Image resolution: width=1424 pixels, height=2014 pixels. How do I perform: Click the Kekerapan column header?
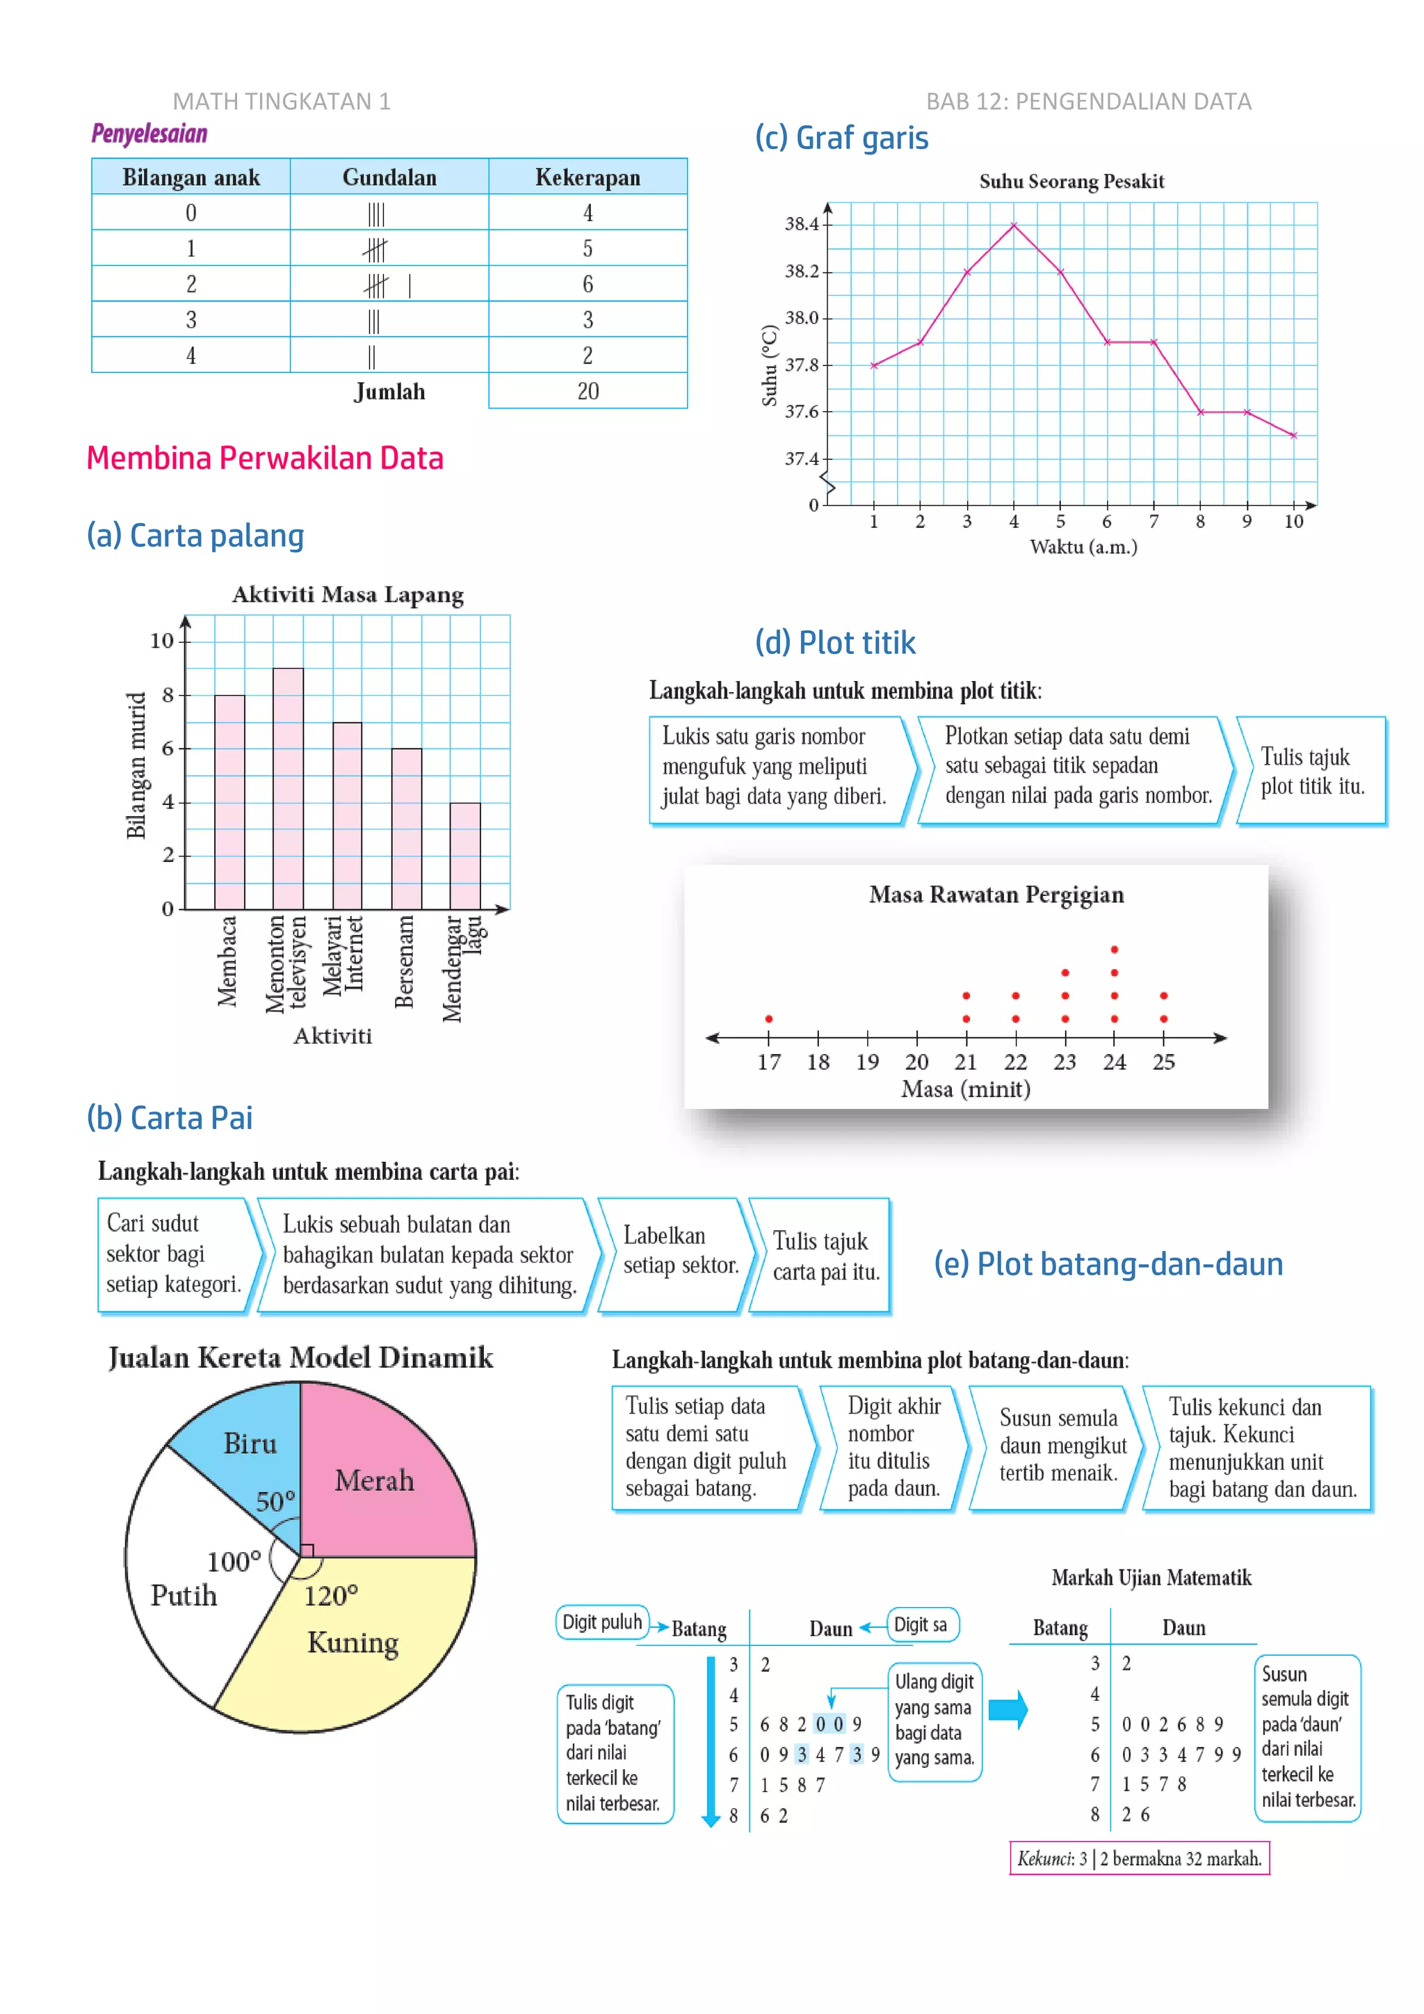click(x=588, y=177)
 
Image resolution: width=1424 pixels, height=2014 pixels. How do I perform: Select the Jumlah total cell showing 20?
click(x=588, y=391)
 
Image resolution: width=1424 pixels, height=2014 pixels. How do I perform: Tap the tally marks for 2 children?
click(x=387, y=285)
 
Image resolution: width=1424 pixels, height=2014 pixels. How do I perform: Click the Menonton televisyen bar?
click(x=289, y=790)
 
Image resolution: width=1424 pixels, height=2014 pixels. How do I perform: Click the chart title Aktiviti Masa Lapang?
click(x=347, y=595)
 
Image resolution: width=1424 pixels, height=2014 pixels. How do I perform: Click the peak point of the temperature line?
click(x=1014, y=226)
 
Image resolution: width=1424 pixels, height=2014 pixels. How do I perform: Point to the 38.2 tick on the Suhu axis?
click(x=802, y=271)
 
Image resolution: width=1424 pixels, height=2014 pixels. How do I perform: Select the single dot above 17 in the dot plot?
click(x=769, y=1018)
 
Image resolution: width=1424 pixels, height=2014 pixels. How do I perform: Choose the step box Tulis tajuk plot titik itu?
click(x=1310, y=771)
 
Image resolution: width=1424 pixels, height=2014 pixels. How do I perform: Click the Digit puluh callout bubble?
click(x=602, y=1622)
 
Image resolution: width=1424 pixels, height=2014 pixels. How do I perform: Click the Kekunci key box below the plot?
click(x=1139, y=1858)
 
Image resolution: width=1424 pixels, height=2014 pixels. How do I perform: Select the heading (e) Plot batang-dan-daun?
click(x=1108, y=1264)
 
